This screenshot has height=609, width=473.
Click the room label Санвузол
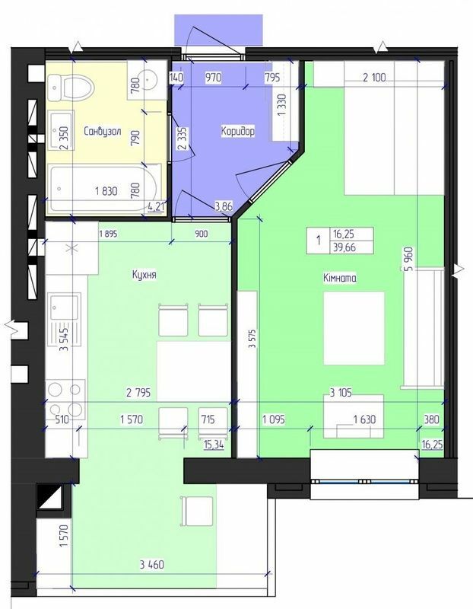click(x=103, y=131)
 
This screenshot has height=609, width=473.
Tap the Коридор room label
click(x=238, y=131)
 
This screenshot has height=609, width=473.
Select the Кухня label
click(x=144, y=275)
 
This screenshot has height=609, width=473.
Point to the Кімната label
click(x=340, y=278)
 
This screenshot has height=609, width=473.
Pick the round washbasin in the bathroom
click(x=148, y=79)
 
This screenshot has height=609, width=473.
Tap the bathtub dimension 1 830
click(x=106, y=191)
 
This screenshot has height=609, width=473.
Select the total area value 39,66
click(x=344, y=247)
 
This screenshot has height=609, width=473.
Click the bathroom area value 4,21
click(x=156, y=206)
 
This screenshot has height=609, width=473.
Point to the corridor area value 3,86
click(x=224, y=206)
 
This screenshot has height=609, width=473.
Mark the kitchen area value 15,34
click(x=214, y=445)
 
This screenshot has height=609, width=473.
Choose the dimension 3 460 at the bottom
click(x=152, y=564)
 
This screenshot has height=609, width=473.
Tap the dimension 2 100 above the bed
click(x=374, y=78)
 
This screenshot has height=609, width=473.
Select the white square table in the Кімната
click(x=354, y=329)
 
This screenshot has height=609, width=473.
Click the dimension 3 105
click(x=341, y=393)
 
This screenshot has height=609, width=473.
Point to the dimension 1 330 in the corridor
click(x=282, y=104)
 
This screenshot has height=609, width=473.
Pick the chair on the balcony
click(x=197, y=511)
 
